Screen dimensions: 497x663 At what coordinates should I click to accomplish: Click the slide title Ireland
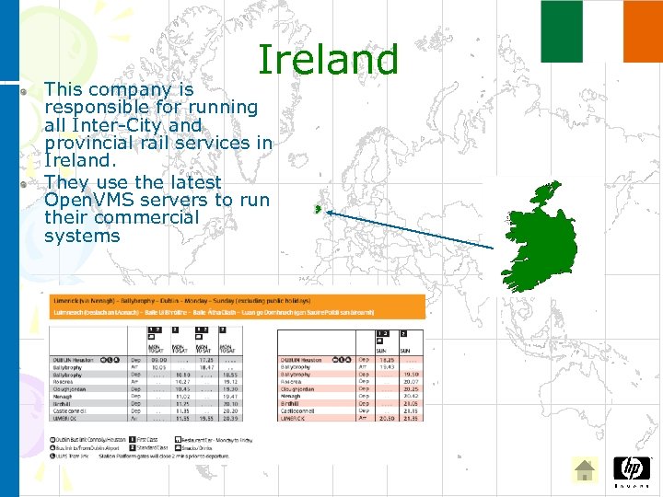tap(328, 60)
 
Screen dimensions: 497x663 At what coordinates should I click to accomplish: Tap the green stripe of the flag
tap(562, 31)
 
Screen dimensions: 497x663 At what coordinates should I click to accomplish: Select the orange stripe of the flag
tap(643, 31)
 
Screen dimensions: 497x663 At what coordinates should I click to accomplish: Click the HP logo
tap(631, 468)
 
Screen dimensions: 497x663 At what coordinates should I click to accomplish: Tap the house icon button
tap(585, 470)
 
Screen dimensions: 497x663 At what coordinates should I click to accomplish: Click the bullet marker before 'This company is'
tap(26, 92)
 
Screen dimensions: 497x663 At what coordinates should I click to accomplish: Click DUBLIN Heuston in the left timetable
tap(75, 361)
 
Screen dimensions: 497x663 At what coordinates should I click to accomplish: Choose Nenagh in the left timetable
tap(64, 396)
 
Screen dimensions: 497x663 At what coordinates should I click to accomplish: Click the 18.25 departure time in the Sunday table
tap(388, 361)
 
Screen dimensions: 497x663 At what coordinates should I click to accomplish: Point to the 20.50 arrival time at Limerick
tap(388, 418)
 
